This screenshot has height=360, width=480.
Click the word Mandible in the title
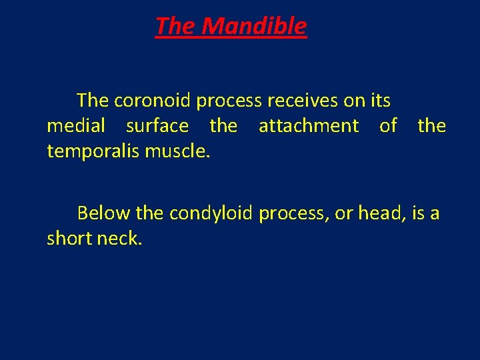[253, 26]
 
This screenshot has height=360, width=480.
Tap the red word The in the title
[175, 26]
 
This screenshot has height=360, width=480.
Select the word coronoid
[153, 101]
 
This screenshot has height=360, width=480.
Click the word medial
[76, 125]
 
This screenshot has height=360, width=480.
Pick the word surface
[157, 125]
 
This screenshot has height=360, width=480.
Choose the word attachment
[308, 125]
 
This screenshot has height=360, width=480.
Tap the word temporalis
[93, 151]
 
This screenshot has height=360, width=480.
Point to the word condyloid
[211, 213]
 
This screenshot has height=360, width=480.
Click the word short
[68, 238]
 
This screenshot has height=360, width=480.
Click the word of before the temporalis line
[388, 125]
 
